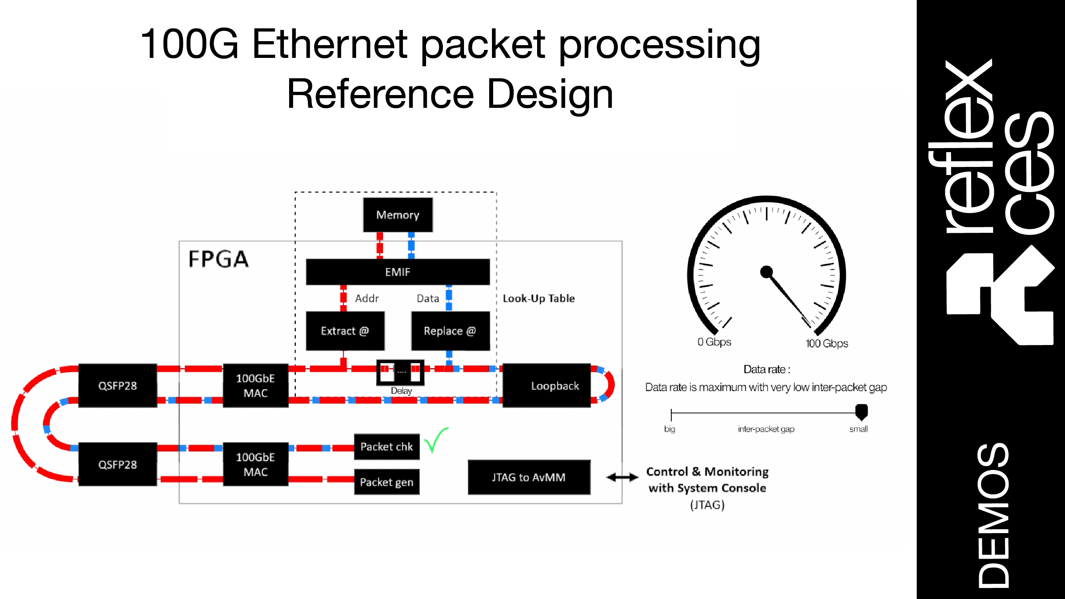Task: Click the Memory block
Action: pyautogui.click(x=398, y=215)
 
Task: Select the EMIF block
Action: pyautogui.click(x=398, y=272)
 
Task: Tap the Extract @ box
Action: pyautogui.click(x=345, y=331)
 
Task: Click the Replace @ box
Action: pyautogui.click(x=450, y=331)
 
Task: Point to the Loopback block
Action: pyautogui.click(x=547, y=386)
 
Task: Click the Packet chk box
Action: pyautogui.click(x=387, y=447)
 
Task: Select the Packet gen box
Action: pyautogui.click(x=387, y=482)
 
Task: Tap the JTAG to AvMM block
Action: pyautogui.click(x=529, y=478)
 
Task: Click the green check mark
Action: pyautogui.click(x=436, y=440)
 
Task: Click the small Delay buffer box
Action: pyautogui.click(x=400, y=373)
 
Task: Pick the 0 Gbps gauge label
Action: pyautogui.click(x=714, y=342)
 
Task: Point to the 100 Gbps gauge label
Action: pyautogui.click(x=827, y=343)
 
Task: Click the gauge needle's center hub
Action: pyautogui.click(x=766, y=272)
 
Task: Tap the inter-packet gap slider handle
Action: pyautogui.click(x=861, y=412)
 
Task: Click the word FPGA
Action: pyautogui.click(x=218, y=259)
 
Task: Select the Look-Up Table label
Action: pyautogui.click(x=538, y=298)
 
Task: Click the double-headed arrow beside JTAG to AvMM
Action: pyautogui.click(x=622, y=478)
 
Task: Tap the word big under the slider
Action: pyautogui.click(x=669, y=429)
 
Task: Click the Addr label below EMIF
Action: pyautogui.click(x=367, y=298)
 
